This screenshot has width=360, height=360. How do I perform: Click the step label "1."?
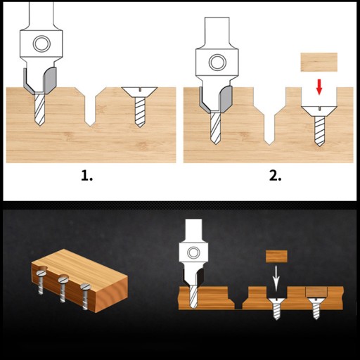point(86,176)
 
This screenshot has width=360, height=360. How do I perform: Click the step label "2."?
point(275,176)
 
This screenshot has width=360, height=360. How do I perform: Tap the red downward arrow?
point(319,86)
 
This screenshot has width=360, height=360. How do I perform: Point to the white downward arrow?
point(276,278)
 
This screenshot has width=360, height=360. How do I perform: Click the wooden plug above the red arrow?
point(319,62)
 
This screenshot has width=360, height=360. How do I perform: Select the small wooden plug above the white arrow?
point(276,256)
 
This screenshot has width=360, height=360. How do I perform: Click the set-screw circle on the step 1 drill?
point(41,44)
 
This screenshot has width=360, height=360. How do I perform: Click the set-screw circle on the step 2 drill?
point(217,63)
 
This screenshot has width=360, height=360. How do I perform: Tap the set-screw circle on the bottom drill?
point(193,252)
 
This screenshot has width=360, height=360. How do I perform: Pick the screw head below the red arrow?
point(319,111)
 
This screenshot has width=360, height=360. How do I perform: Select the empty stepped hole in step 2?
point(270,116)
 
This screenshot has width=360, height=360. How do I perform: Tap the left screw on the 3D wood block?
point(41,282)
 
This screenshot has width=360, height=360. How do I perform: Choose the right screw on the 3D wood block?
point(85,297)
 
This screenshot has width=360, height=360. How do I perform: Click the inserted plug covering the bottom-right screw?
point(316,291)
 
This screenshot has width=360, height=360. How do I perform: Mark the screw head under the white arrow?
point(276,301)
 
